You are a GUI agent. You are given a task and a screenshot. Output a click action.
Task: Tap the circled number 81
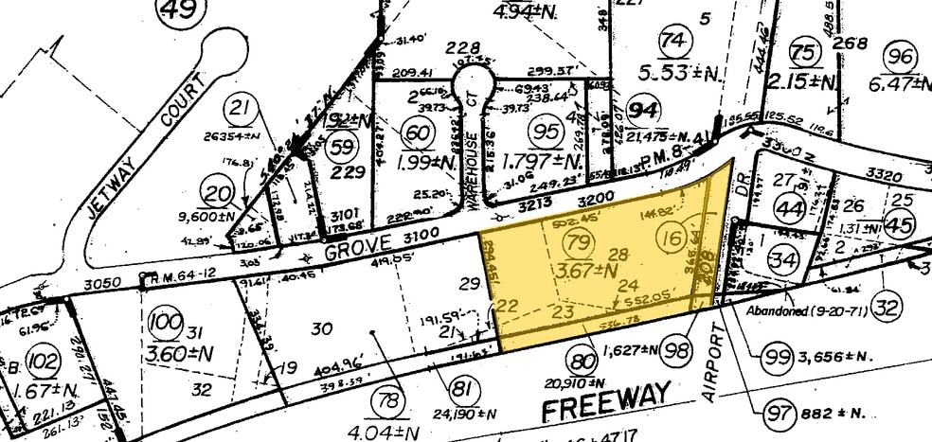pyautogui.click(x=461, y=387)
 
